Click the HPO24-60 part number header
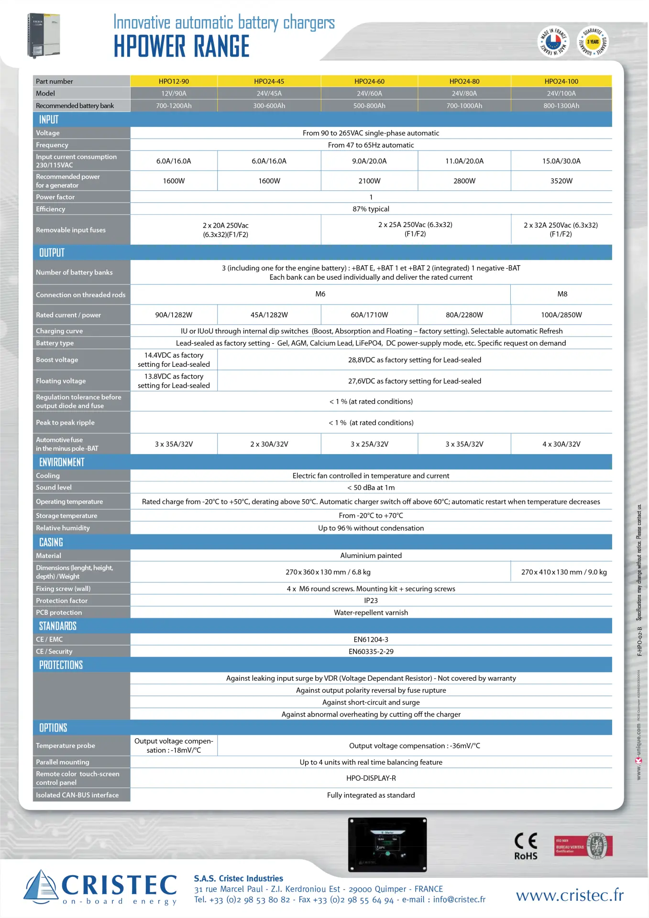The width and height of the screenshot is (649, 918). coord(369,81)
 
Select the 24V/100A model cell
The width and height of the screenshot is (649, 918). coord(561,93)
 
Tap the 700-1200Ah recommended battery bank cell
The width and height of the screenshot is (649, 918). coord(174,106)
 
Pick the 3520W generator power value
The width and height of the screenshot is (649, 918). coord(561,181)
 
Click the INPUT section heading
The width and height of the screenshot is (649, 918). coord(49,120)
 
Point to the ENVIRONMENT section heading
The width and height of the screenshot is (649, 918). coord(62,462)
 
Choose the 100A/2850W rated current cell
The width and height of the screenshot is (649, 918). coord(561,315)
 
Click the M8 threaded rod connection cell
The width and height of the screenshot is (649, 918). coord(562,294)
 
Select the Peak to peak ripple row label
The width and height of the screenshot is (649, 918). coord(66,423)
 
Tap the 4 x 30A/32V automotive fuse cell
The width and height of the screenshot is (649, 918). coord(561,444)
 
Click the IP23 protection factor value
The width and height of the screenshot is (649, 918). coord(371,601)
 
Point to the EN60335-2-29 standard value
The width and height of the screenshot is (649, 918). coord(371,651)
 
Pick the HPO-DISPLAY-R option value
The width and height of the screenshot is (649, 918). coord(371,778)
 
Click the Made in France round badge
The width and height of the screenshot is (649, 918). coord(553,41)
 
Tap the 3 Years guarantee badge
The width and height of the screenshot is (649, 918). coord(593,41)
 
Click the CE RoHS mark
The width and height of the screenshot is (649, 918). coord(526,847)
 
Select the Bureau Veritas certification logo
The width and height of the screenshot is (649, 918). coord(583,846)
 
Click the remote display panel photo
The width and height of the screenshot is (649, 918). coord(387,844)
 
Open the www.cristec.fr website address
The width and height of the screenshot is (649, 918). coord(570,895)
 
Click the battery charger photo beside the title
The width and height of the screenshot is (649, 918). coord(44,35)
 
